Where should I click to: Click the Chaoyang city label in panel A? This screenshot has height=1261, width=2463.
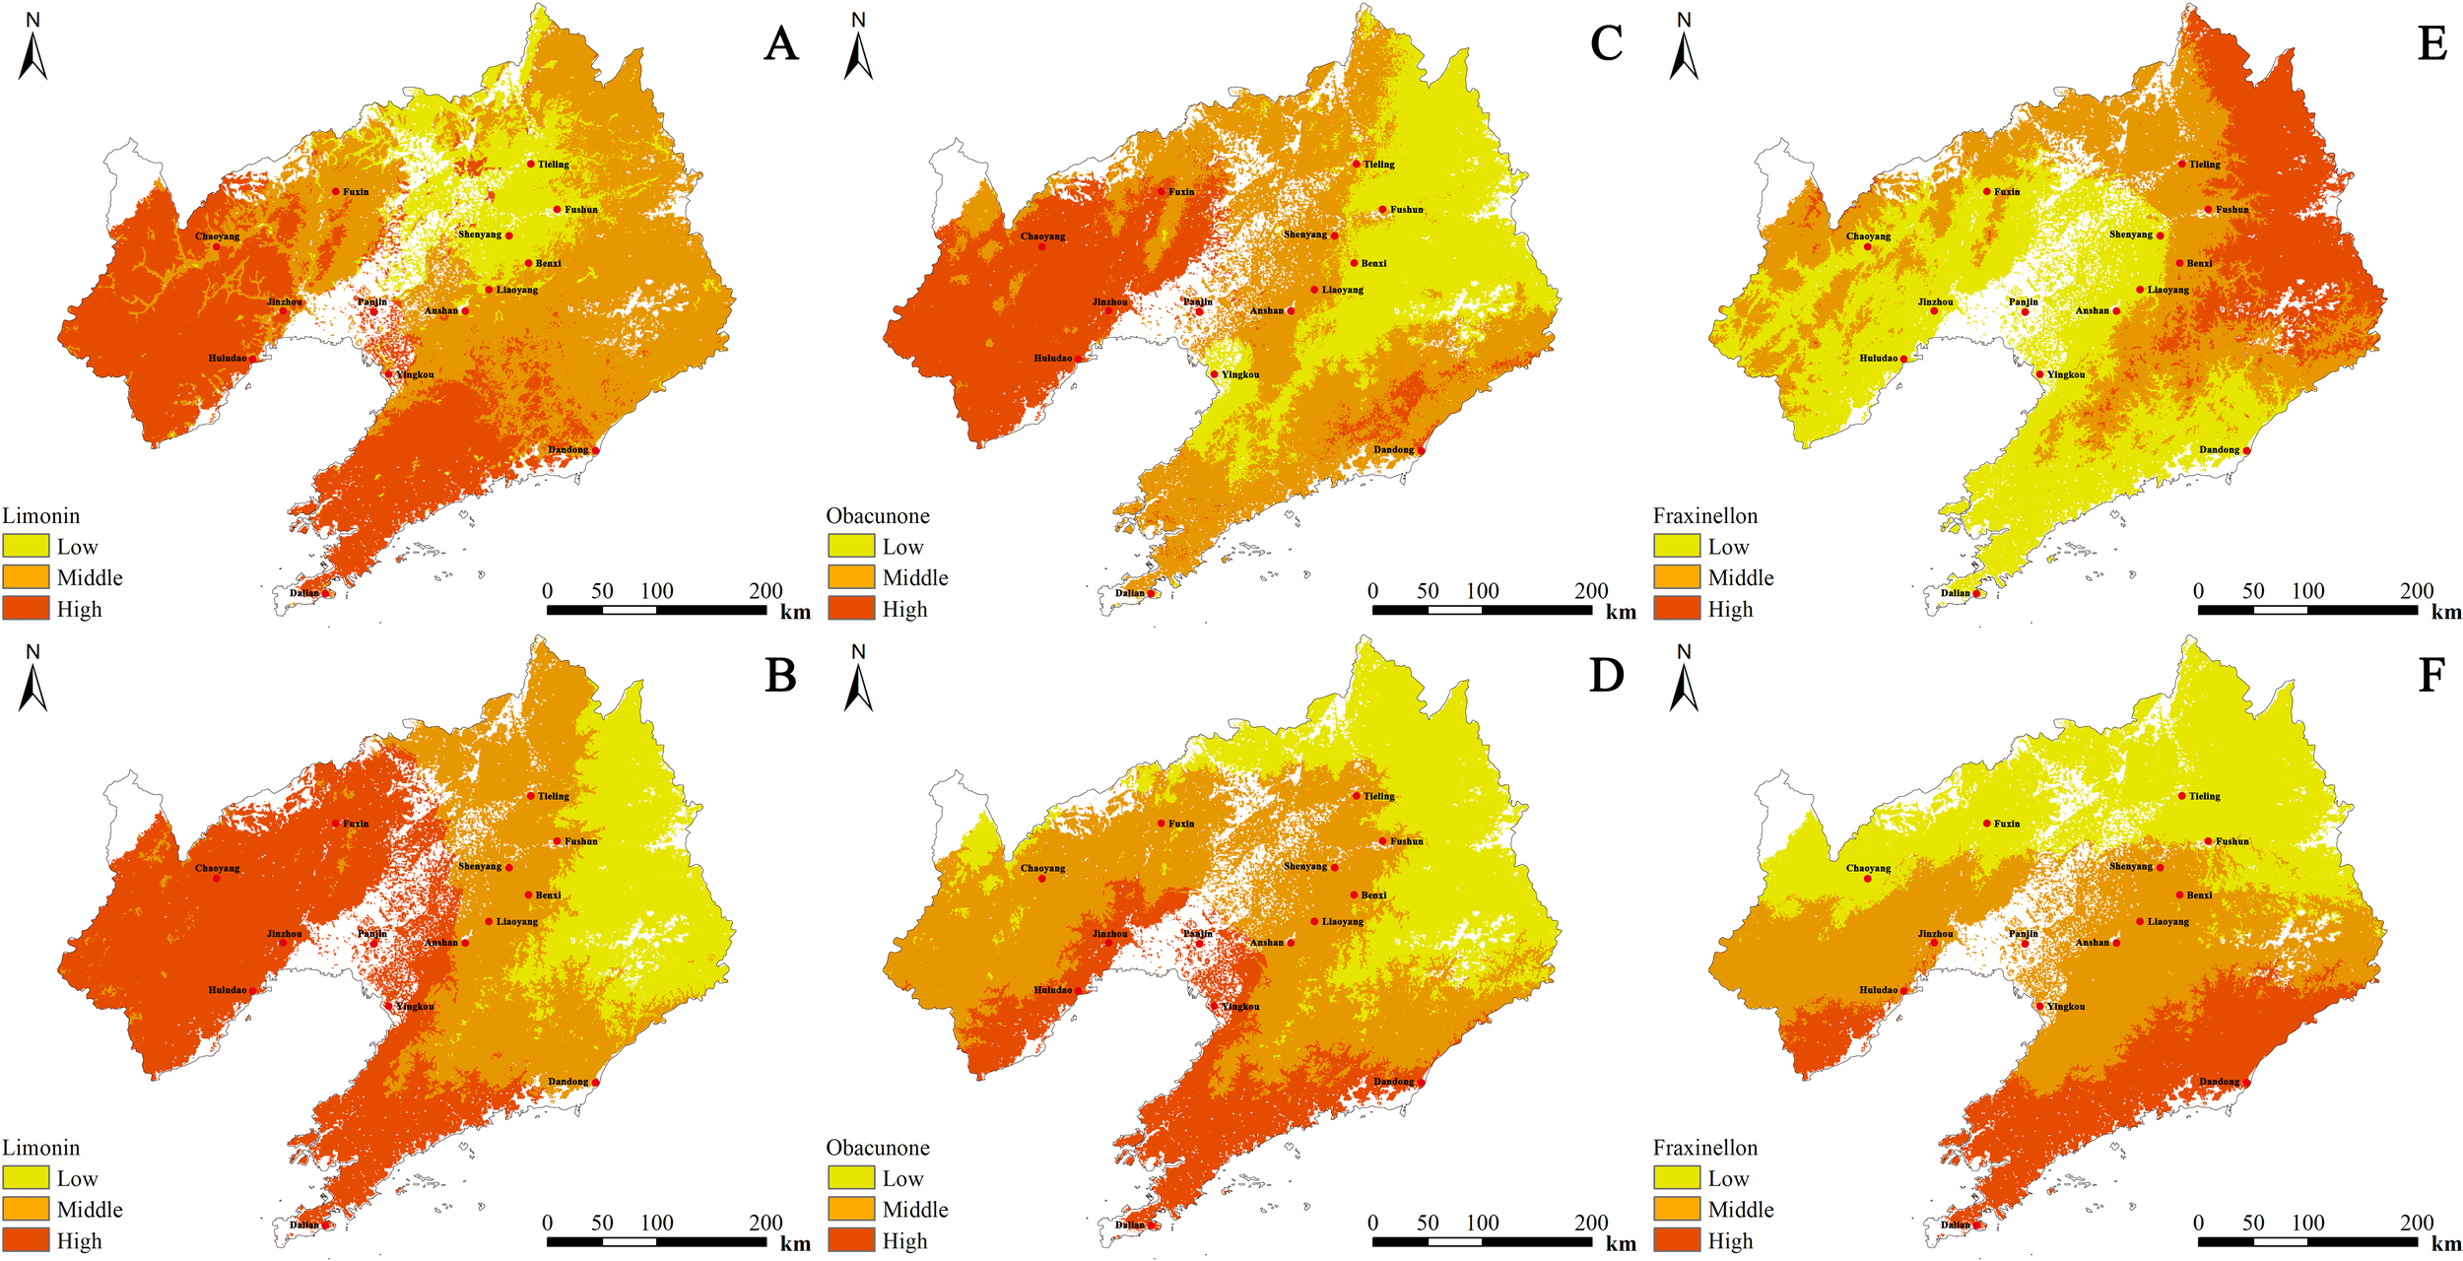pos(217,236)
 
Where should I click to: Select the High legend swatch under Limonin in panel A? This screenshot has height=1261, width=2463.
pos(26,608)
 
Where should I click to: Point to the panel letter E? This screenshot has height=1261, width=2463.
pos(2431,44)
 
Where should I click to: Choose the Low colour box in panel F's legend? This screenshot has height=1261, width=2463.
pos(1677,1177)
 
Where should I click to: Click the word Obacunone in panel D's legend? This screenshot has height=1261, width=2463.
pos(878,1148)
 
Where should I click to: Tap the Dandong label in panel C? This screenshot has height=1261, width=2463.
pos(1393,450)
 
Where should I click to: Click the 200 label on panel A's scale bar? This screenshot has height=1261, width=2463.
pos(766,591)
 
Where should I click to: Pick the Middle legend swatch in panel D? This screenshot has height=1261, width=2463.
pos(851,1209)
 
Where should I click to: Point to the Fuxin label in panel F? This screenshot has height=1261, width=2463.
pos(2007,824)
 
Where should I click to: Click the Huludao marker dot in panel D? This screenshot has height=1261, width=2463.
pos(1078,990)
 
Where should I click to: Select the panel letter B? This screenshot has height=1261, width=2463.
pos(780,676)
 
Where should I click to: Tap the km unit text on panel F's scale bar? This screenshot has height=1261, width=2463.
pos(2446,1243)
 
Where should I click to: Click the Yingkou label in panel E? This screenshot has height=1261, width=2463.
pos(2066,374)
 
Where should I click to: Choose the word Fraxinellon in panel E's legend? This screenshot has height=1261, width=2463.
pos(1705,516)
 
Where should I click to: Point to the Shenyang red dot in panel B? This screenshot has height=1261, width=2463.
pos(508,867)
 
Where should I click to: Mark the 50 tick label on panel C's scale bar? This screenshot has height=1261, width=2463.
pos(1428,591)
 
